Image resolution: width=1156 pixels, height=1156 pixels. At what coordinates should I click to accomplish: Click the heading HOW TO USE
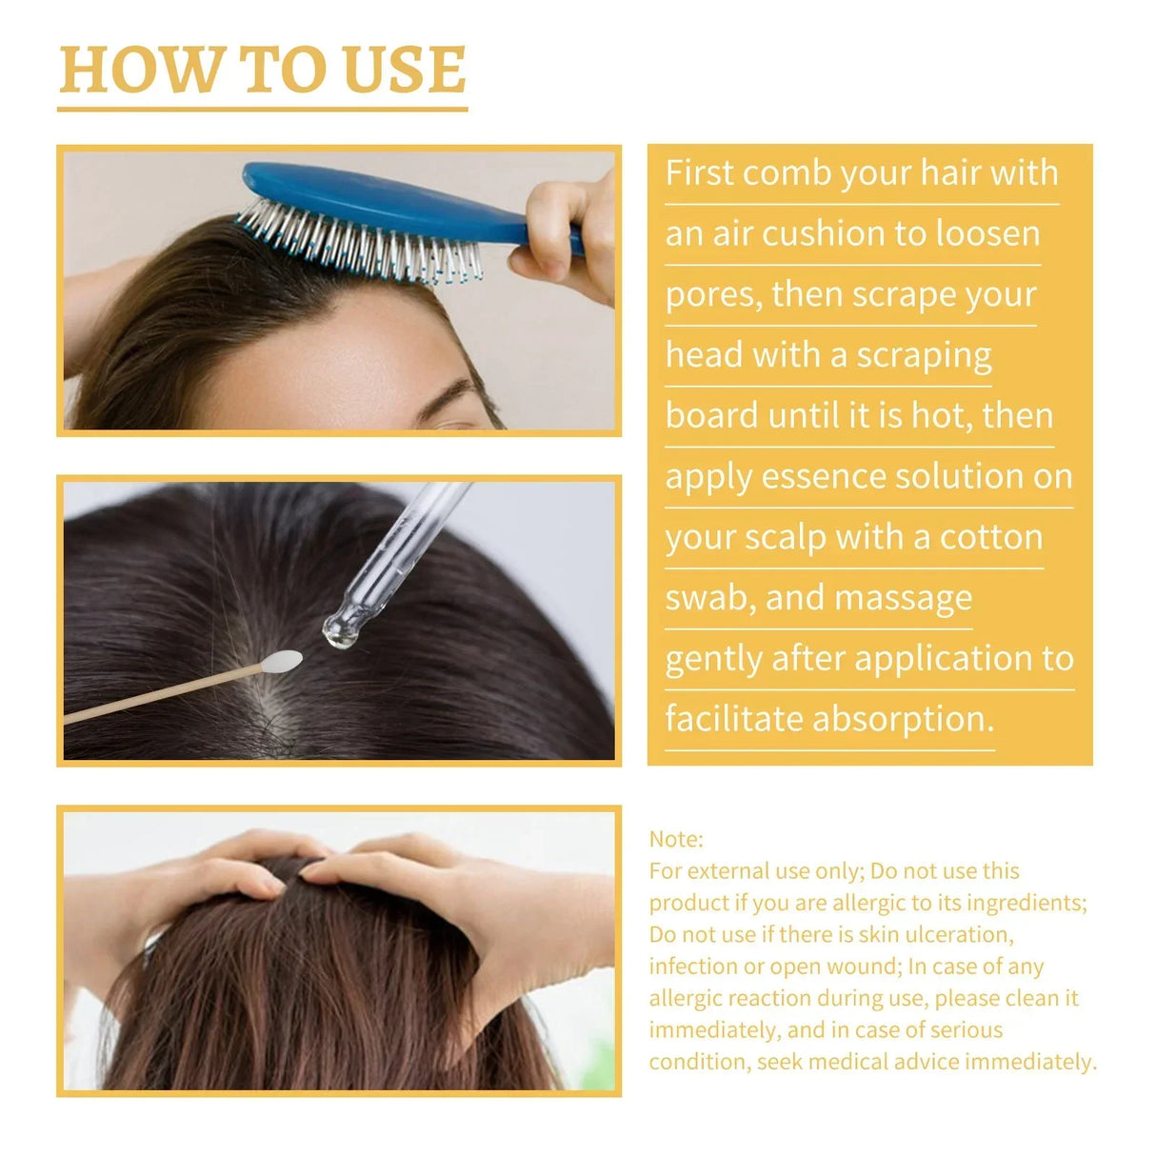[262, 70]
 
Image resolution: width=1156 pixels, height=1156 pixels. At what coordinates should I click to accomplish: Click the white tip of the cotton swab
[283, 662]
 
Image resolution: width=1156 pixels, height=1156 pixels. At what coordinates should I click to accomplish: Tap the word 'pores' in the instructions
[712, 295]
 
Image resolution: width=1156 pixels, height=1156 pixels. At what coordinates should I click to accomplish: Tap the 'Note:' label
[676, 839]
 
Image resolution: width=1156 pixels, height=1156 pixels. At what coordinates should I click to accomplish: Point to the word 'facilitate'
[733, 719]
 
